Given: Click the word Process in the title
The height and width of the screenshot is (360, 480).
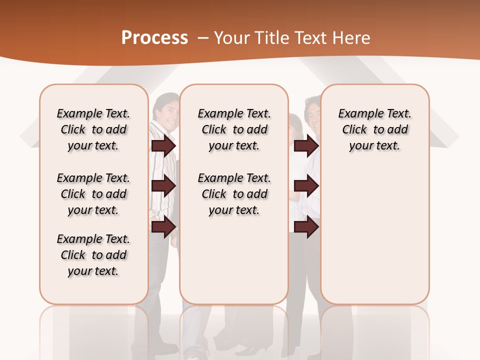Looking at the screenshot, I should [x=154, y=38].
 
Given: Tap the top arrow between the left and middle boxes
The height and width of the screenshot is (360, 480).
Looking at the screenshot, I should [x=163, y=145].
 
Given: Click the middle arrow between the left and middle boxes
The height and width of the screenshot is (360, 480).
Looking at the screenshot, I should [x=163, y=186].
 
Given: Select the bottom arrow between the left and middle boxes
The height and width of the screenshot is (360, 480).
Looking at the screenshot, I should [x=163, y=227].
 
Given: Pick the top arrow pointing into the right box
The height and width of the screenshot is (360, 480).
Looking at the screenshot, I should [x=306, y=145].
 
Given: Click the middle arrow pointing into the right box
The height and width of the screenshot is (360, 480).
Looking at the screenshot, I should [x=306, y=186].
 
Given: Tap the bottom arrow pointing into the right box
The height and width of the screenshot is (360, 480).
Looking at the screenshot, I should [x=306, y=227].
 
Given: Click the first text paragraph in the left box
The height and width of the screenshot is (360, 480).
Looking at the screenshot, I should [x=93, y=129].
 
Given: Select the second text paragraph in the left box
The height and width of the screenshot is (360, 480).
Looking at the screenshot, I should [x=93, y=194].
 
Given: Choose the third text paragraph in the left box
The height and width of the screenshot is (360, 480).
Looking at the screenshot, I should [x=93, y=255].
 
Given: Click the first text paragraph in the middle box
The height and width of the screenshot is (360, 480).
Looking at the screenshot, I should [x=234, y=129].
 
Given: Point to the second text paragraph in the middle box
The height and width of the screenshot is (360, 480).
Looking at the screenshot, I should [x=234, y=194].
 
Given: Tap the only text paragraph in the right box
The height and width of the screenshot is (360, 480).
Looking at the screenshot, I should [x=374, y=129].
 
